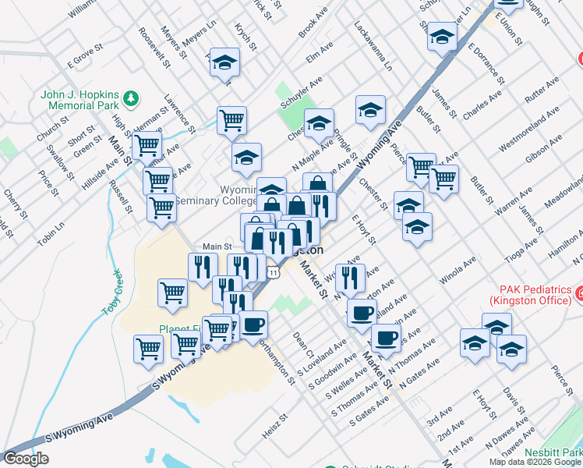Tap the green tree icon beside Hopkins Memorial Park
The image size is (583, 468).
click(x=132, y=97)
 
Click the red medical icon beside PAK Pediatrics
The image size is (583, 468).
click(x=579, y=294)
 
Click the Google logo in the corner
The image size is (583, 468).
click(x=26, y=459)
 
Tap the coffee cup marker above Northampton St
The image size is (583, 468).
click(x=253, y=324)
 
